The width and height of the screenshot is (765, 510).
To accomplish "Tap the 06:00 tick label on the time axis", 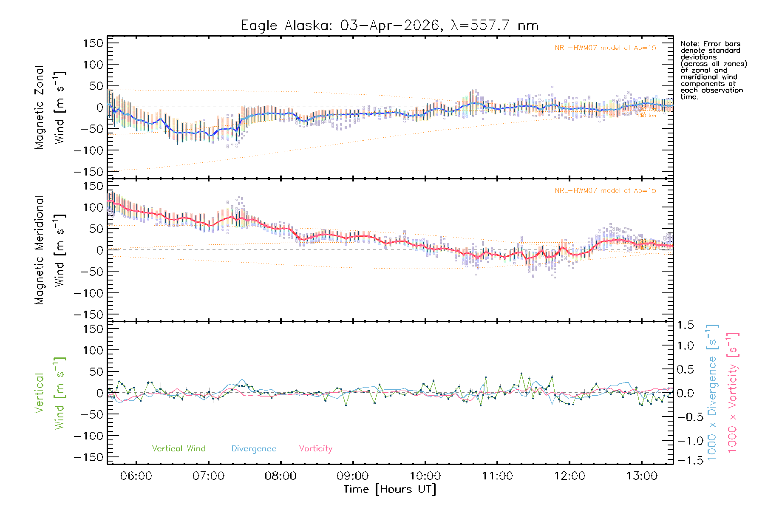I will point(136,476).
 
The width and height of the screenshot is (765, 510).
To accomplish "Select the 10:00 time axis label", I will point(425,476).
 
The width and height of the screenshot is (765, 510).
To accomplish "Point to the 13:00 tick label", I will point(642,476).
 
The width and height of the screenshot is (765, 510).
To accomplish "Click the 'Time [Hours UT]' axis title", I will point(390,489).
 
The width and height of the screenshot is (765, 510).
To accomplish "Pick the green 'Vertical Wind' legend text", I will point(178,449).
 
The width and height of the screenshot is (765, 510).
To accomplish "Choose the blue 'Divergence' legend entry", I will point(254,449).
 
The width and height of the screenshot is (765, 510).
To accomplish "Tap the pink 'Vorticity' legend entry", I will point(315,449).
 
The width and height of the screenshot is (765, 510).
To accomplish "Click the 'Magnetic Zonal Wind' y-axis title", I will point(49,107).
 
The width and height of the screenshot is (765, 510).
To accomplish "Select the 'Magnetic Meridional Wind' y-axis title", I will point(49,250).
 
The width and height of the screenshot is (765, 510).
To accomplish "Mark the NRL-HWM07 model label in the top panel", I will point(605,48).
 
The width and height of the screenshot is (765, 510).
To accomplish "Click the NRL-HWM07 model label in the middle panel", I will point(605,191).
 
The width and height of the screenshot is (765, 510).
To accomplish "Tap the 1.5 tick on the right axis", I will point(685,325).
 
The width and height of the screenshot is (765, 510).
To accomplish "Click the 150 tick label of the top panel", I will point(93,43).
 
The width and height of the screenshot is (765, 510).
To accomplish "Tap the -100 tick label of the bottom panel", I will point(88,436).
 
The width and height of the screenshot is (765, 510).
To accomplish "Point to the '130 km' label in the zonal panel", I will point(647,116).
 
